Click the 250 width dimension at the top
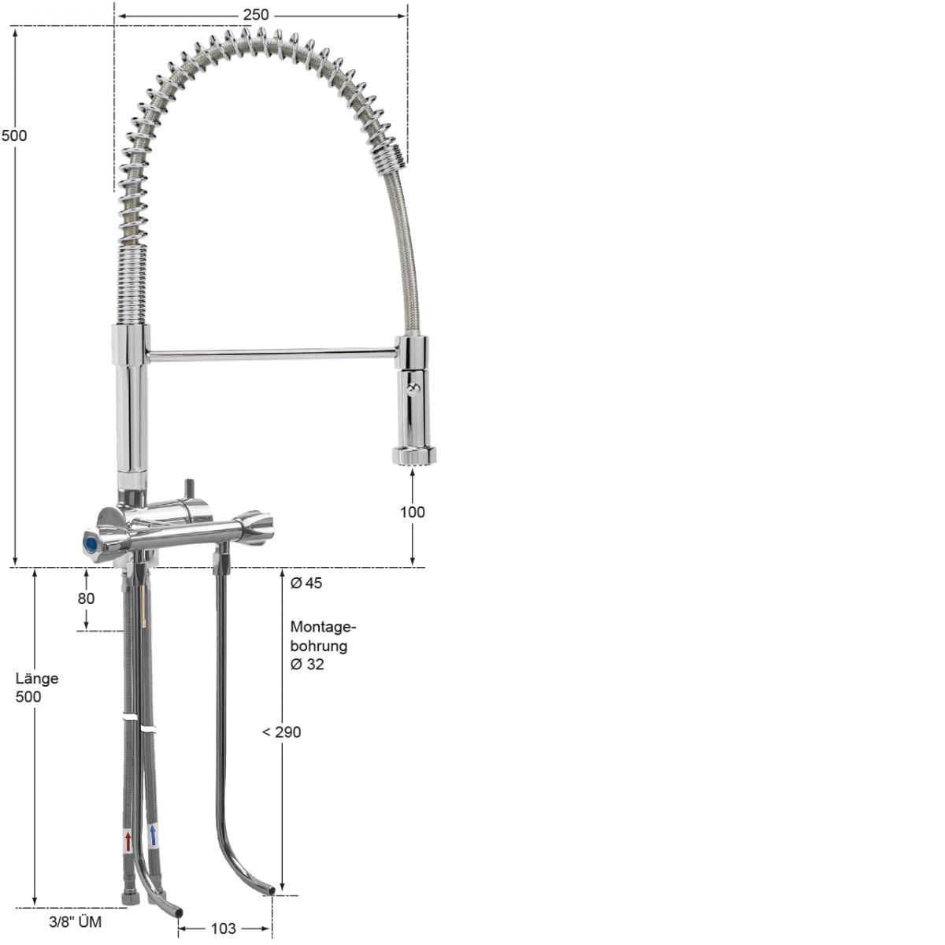click(x=256, y=14)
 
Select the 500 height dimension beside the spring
click(x=14, y=135)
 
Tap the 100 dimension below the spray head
click(x=412, y=512)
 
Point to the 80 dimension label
click(x=86, y=598)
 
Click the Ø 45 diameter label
click(x=306, y=584)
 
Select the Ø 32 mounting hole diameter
click(x=307, y=665)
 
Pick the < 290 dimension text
click(x=282, y=732)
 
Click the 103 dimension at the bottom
click(x=224, y=929)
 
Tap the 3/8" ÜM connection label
click(x=76, y=921)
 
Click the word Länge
click(x=37, y=679)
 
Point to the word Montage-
click(x=323, y=628)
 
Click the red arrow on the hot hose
click(x=128, y=839)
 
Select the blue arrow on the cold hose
click(x=153, y=836)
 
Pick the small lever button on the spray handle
click(x=414, y=387)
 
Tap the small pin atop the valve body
click(x=189, y=489)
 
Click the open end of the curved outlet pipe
click(x=269, y=893)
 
